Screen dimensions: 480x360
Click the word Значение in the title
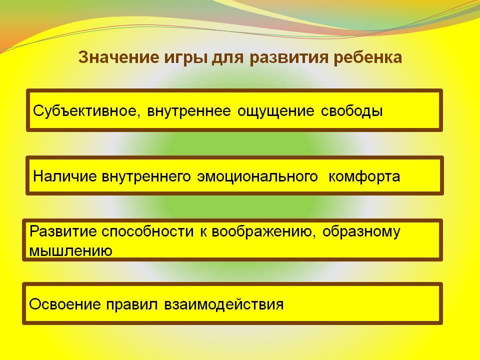[x=118, y=57]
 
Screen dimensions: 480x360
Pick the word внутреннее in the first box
[x=189, y=111]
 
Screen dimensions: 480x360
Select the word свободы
[x=352, y=111]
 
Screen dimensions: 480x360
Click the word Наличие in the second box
[x=64, y=176]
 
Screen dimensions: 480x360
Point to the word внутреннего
[x=146, y=176]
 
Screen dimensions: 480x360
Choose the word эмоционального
[x=257, y=176]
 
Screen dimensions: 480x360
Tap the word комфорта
[x=364, y=177]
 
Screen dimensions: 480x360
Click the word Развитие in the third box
[x=63, y=231]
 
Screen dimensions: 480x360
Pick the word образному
[x=361, y=231]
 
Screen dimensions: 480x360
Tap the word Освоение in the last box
[x=65, y=304]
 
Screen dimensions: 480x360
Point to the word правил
[x=132, y=305]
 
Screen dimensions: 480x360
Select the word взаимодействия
[x=224, y=304]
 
